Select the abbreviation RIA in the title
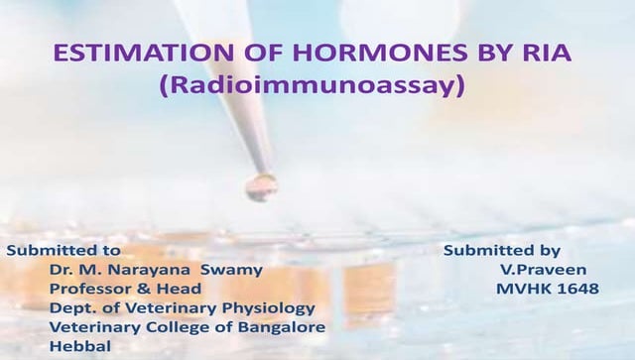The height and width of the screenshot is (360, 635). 544,54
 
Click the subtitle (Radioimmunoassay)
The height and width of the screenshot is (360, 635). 312,86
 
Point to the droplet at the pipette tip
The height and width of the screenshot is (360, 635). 262,186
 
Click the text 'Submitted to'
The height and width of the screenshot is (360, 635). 63,251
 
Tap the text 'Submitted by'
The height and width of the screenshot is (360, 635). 501,251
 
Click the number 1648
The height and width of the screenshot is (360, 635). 578,289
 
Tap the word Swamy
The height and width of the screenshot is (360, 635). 232,270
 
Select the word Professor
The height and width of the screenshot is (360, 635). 89,289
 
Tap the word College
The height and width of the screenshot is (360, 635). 173,327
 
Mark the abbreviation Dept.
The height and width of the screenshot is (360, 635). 70,308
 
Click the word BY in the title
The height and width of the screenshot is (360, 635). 484,54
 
